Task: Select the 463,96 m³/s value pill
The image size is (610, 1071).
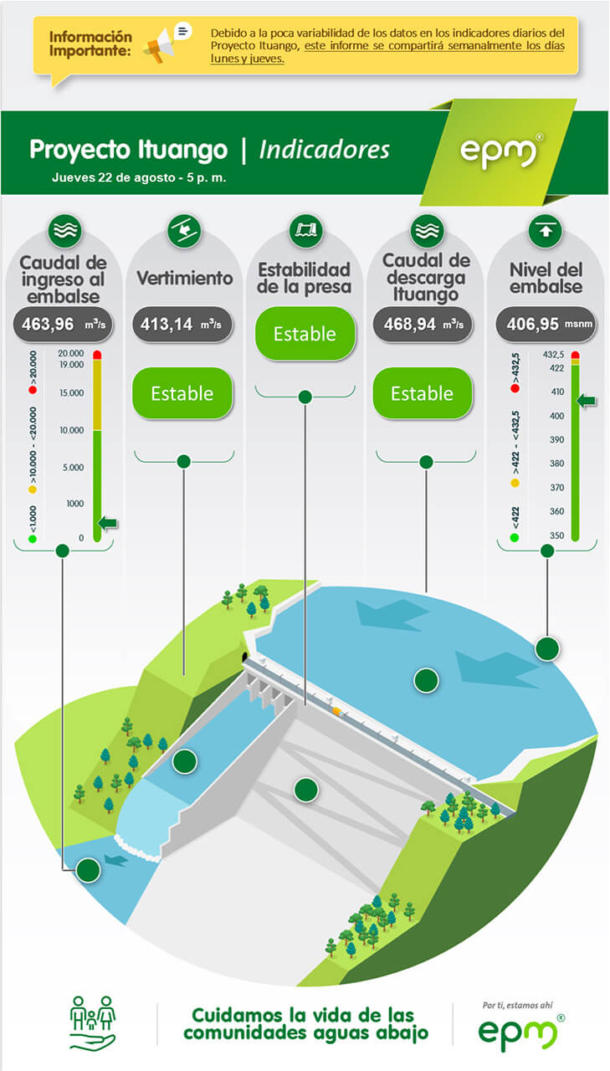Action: click(x=63, y=325)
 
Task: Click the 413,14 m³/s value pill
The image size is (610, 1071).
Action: click(x=182, y=325)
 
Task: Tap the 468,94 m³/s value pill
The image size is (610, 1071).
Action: click(x=423, y=325)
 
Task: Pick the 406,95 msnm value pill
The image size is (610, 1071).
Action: click(x=546, y=325)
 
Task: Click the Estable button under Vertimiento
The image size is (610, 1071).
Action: click(x=182, y=393)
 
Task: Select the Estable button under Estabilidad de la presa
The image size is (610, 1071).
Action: click(x=305, y=334)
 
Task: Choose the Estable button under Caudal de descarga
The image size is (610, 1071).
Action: click(x=423, y=393)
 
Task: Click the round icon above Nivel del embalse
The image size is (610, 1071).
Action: click(x=545, y=231)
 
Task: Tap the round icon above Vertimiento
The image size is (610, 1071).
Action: click(x=184, y=231)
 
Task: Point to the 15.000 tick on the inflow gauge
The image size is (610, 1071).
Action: click(x=72, y=393)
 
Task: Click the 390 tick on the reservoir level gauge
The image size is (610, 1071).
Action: click(x=557, y=439)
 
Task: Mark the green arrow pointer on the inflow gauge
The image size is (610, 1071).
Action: click(x=108, y=523)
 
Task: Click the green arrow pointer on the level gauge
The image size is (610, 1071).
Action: click(x=586, y=401)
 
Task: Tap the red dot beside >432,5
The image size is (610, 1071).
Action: click(x=515, y=388)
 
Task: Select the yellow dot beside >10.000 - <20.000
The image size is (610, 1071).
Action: click(x=33, y=489)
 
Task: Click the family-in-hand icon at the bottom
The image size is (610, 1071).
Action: click(x=93, y=1022)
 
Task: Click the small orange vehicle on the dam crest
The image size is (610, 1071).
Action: click(x=337, y=711)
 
